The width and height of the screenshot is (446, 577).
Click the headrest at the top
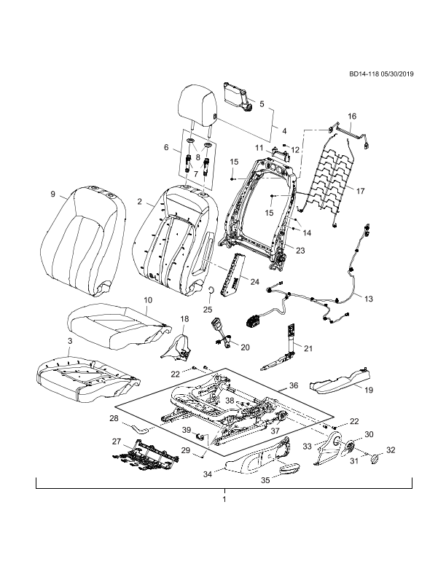pos(197,106)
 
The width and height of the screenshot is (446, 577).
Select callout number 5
pos(262,104)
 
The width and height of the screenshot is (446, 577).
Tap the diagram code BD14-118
pos(364,74)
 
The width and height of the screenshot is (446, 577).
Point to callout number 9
pos(52,194)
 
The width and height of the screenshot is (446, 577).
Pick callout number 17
pos(360,191)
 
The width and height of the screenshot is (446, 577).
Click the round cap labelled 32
pos(375,458)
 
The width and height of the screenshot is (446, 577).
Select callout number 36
pos(294,385)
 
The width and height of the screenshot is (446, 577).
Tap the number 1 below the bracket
pos(224,500)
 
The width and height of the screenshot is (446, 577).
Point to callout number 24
pos(254,282)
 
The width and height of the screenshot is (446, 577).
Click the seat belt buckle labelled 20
pos(222,334)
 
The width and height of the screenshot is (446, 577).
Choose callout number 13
pos(368,299)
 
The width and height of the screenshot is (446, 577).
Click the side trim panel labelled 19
pos(340,381)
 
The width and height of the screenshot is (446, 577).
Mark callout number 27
pos(117,441)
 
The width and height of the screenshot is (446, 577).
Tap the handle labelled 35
pos(289,469)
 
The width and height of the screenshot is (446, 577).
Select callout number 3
pos(70,341)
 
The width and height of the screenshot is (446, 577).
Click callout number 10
pos(147,300)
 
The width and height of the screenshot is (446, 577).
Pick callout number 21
pos(308,348)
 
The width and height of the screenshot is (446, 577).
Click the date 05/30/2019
pos(397,74)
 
